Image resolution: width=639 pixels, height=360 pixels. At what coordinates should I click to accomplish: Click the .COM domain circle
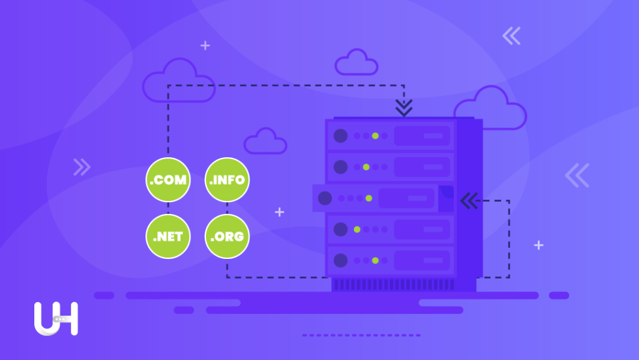click(168, 180)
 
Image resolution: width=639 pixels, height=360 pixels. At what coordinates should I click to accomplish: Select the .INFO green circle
click(227, 180)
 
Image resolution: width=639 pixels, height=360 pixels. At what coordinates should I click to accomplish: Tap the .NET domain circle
click(168, 236)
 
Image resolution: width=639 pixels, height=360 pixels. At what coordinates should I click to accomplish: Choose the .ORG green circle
click(227, 236)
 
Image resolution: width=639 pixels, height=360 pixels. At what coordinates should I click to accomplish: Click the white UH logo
click(56, 318)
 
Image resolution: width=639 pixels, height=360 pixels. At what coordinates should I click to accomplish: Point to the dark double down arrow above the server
click(404, 107)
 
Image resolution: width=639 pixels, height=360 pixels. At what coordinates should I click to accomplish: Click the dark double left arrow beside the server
click(469, 201)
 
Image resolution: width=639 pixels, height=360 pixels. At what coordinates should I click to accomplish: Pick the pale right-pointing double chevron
click(82, 167)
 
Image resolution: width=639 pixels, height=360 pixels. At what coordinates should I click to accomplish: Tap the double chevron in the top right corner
click(512, 36)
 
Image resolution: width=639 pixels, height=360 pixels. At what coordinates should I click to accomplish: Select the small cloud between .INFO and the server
click(265, 141)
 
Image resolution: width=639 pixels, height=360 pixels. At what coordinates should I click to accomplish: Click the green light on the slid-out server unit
click(369, 198)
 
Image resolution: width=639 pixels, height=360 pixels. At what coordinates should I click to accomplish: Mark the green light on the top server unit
click(375, 135)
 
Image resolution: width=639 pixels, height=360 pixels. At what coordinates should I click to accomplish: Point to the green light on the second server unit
click(366, 167)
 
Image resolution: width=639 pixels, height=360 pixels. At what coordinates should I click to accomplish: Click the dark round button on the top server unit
click(341, 135)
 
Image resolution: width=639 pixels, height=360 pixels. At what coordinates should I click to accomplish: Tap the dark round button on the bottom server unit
click(341, 261)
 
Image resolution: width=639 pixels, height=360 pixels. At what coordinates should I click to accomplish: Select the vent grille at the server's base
click(393, 285)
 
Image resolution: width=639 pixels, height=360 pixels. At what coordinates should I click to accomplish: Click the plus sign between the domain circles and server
click(280, 212)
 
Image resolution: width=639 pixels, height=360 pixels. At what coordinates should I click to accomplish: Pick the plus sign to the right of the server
click(539, 245)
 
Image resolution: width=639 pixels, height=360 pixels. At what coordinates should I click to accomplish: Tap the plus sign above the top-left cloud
click(205, 45)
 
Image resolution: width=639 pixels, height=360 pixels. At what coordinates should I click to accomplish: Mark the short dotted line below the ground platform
click(361, 335)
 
